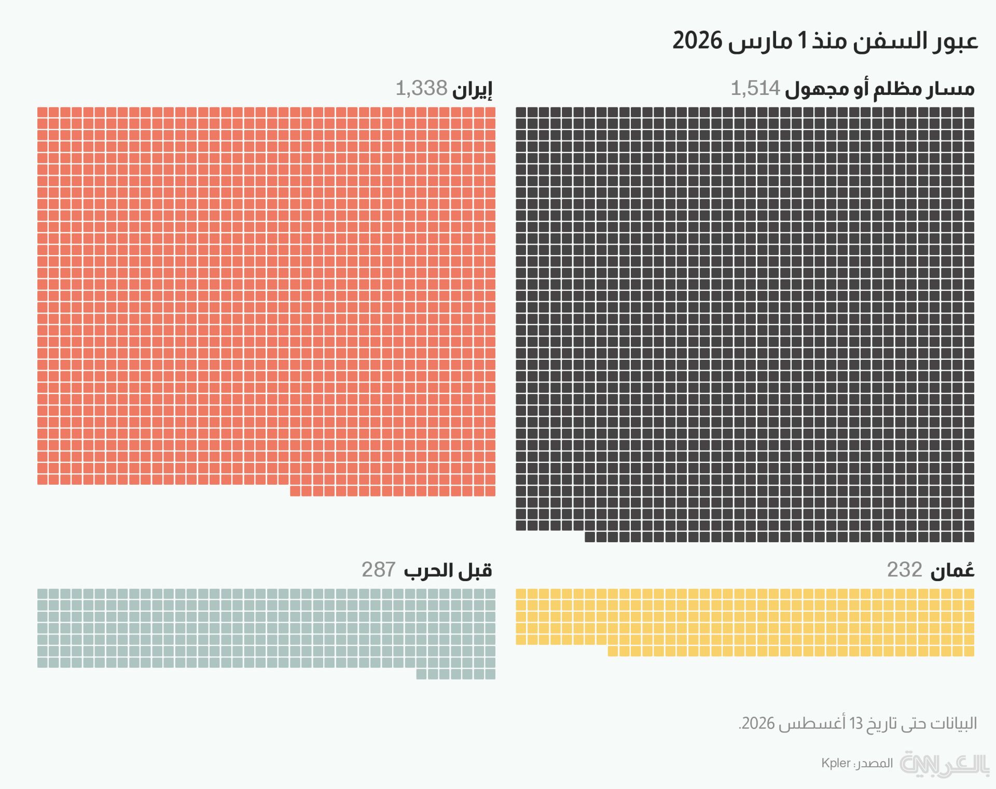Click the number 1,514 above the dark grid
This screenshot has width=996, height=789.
(755, 89)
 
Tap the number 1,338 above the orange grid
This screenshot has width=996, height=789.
(421, 89)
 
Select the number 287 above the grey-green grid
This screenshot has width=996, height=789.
(379, 570)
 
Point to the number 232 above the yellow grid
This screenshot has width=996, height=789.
(905, 570)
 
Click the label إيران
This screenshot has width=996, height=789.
(472, 90)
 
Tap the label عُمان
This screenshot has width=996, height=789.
(952, 570)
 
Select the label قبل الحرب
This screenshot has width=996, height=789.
(448, 570)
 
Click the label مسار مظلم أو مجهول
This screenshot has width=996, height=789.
(880, 90)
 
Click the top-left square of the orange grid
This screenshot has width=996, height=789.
(43, 112)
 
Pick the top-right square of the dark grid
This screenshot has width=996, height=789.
(969, 112)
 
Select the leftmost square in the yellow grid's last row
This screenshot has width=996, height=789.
(613, 651)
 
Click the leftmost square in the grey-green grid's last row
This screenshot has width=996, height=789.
(421, 674)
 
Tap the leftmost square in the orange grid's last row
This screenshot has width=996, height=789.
(295, 491)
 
